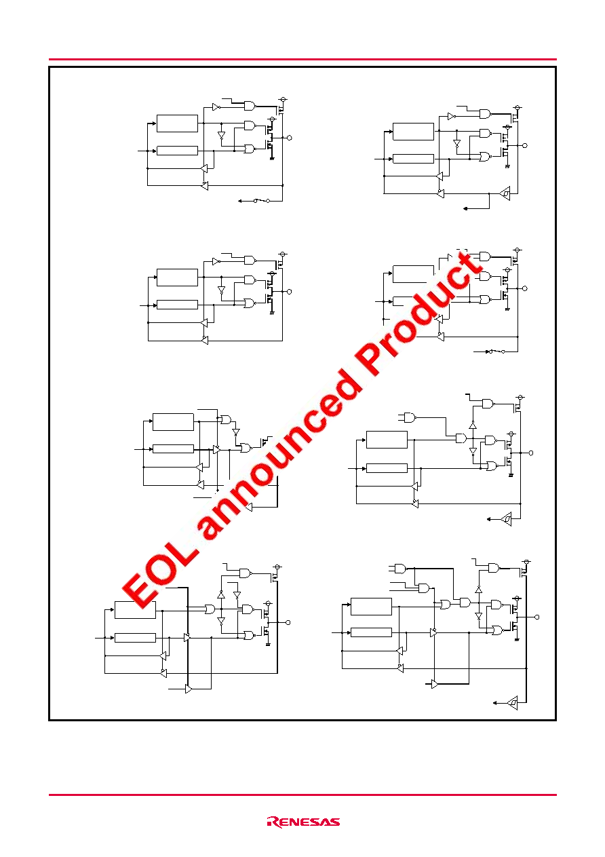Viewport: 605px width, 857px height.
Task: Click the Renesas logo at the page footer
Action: point(303,822)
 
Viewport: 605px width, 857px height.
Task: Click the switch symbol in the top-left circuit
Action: point(262,201)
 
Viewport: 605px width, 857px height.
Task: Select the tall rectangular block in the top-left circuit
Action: point(177,123)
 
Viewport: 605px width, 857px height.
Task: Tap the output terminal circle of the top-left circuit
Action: point(290,138)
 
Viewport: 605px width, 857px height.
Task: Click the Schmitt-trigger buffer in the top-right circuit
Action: point(505,193)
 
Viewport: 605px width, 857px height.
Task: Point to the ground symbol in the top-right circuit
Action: point(507,167)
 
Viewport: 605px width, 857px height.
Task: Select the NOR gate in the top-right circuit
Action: point(485,157)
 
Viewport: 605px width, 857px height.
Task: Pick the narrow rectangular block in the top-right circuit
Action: point(413,158)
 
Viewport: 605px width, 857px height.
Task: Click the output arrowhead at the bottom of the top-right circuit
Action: point(465,208)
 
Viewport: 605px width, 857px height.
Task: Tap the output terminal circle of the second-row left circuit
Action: point(289,292)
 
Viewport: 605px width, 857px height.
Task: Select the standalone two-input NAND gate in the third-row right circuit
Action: point(410,417)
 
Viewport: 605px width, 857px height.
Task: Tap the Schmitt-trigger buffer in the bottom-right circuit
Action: point(513,703)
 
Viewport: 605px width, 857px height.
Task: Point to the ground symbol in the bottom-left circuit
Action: point(268,645)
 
